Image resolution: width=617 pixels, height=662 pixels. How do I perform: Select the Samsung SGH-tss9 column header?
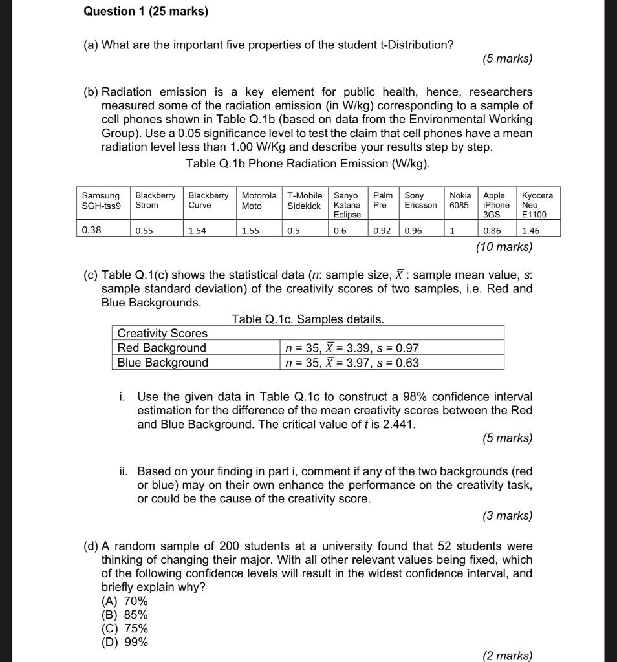click(x=101, y=200)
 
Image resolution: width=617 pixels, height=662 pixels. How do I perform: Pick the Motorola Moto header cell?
click(x=259, y=200)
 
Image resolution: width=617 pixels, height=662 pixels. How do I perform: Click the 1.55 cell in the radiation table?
click(x=252, y=230)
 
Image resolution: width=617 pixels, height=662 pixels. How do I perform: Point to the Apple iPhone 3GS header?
click(x=495, y=205)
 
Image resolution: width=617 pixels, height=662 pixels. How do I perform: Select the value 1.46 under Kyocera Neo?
click(x=530, y=230)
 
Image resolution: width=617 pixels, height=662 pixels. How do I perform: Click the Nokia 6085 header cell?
click(x=460, y=200)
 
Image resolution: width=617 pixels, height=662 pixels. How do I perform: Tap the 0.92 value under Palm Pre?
click(x=382, y=230)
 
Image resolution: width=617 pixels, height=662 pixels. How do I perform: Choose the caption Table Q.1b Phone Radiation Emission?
click(x=307, y=164)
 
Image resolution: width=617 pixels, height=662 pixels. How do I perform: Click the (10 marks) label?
click(x=504, y=246)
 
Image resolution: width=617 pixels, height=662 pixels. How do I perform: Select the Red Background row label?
click(x=162, y=348)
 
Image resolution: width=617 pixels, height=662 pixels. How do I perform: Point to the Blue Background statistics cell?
click(x=352, y=363)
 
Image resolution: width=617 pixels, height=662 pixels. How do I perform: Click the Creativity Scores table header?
click(x=162, y=333)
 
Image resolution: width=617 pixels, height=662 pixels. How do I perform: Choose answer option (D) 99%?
click(x=125, y=642)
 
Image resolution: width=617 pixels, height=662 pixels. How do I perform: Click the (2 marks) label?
click(x=507, y=656)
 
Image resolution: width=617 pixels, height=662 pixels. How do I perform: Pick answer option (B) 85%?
click(x=125, y=615)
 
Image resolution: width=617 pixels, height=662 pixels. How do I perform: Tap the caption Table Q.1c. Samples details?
click(x=307, y=319)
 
